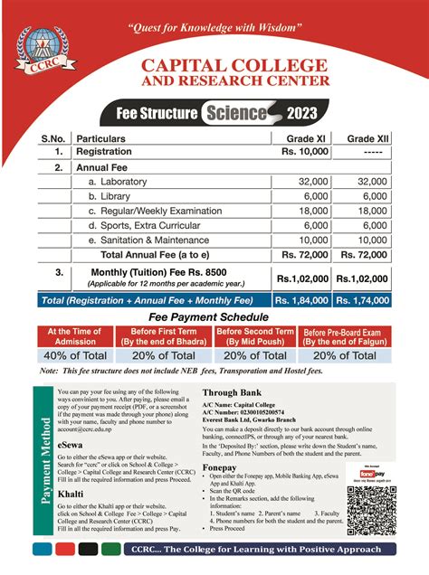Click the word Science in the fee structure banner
(236, 113)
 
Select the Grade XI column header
(306, 139)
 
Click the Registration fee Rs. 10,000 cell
(306, 152)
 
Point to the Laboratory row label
(122, 182)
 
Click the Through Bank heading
(234, 392)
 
